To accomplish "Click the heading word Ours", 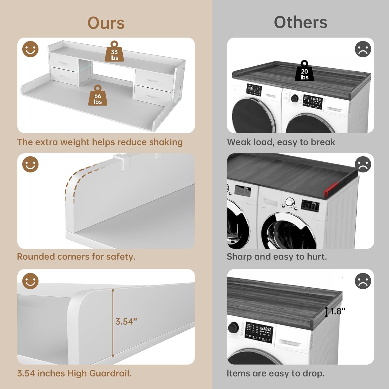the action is [x=106, y=23].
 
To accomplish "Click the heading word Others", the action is [x=301, y=22].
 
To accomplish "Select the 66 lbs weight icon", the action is [x=98, y=95].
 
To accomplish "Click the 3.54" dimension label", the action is [x=126, y=322].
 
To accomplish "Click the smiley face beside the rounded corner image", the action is [x=30, y=164].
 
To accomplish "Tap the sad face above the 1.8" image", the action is [x=363, y=281].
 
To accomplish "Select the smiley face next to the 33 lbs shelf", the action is [x=30, y=49].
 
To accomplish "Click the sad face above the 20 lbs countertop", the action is [x=363, y=49].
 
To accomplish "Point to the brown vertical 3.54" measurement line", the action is [x=113, y=323].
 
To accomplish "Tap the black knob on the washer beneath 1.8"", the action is [x=233, y=327].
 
